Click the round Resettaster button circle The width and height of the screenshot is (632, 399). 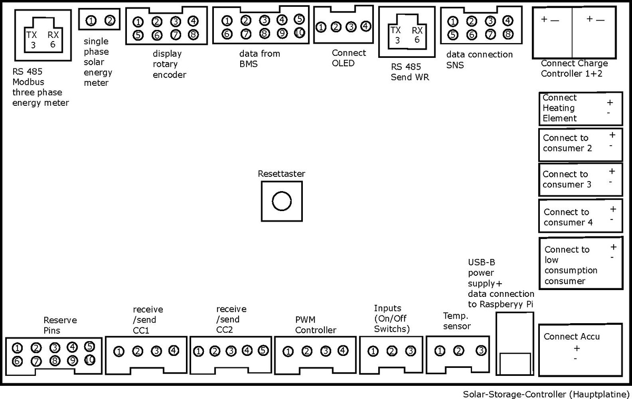point(282,201)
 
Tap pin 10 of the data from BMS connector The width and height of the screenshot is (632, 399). point(300,33)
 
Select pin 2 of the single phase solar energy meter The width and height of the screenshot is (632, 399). point(110,21)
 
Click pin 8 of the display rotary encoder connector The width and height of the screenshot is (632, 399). point(193,35)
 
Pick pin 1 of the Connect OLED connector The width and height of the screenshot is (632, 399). point(321,26)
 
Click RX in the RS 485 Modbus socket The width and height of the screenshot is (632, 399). point(53,35)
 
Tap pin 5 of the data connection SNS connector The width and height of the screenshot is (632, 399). point(453,35)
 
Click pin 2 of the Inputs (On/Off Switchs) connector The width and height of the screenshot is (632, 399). point(392,351)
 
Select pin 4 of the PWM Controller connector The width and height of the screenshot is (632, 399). point(343,351)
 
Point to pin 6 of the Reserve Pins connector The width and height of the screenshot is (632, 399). point(17,361)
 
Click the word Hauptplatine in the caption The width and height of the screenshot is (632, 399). point(604,394)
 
